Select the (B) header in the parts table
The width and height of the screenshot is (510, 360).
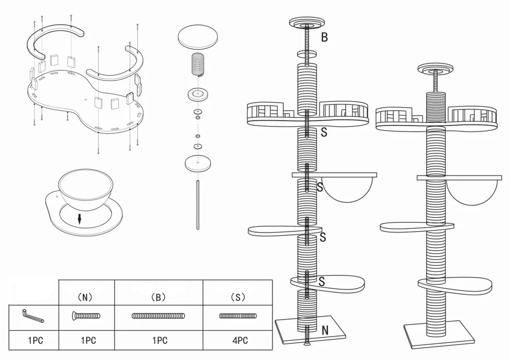coord(159,296)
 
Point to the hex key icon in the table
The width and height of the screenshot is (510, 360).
coord(34,316)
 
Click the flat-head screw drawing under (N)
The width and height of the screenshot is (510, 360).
coord(86,316)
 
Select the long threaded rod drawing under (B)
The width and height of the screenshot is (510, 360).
coord(159,316)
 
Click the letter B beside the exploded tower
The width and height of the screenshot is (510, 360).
coord(324,37)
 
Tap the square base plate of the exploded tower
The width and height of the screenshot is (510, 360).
coord(310,331)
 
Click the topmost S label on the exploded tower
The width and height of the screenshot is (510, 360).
coord(324,132)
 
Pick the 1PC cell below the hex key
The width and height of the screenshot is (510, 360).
coord(35,340)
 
